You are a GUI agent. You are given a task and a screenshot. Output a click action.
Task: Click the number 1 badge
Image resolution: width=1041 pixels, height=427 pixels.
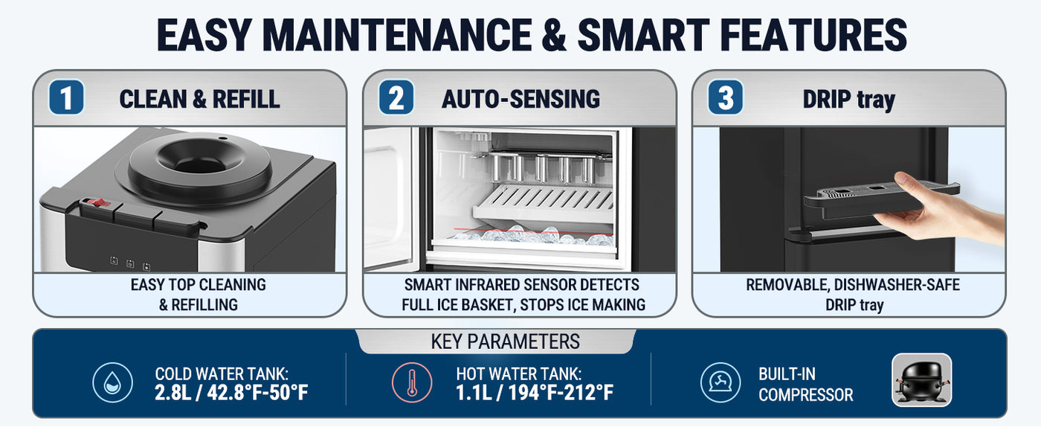pyautogui.click(x=66, y=97)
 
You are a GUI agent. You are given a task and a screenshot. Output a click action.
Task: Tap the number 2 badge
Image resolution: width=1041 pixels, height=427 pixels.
pyautogui.click(x=396, y=97)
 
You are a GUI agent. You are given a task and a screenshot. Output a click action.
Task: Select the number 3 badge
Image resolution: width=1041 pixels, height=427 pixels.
pyautogui.click(x=726, y=97)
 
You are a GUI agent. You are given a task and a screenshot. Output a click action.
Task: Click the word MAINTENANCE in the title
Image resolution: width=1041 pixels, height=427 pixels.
pyautogui.click(x=397, y=35)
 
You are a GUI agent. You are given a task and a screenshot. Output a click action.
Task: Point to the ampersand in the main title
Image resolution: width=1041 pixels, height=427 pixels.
pyautogui.click(x=554, y=35)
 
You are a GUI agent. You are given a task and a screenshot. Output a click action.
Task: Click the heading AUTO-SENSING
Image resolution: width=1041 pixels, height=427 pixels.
pyautogui.click(x=521, y=99)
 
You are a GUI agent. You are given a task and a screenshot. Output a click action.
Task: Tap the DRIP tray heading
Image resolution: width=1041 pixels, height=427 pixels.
pyautogui.click(x=849, y=100)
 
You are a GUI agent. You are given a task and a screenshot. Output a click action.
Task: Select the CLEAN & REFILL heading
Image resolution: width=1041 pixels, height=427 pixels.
pyautogui.click(x=199, y=99)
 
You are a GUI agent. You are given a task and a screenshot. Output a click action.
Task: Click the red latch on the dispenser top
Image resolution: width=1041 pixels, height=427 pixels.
pyautogui.click(x=99, y=203)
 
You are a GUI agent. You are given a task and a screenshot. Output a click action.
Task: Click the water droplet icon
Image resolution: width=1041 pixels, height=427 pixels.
pyautogui.click(x=112, y=382)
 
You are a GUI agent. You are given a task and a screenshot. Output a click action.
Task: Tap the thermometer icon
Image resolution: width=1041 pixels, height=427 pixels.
pyautogui.click(x=412, y=382)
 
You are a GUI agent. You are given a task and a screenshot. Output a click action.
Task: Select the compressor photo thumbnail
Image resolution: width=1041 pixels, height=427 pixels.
pyautogui.click(x=922, y=379)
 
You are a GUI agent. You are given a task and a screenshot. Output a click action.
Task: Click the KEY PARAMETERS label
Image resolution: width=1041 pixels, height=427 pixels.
pyautogui.click(x=505, y=341)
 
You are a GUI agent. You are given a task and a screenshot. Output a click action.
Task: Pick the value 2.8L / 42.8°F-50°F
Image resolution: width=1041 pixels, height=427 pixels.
pyautogui.click(x=231, y=393)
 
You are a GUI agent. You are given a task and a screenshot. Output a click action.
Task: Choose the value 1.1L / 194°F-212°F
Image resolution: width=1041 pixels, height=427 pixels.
pyautogui.click(x=535, y=393)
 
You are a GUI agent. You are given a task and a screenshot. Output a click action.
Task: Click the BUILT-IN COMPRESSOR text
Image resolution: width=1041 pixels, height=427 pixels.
pyautogui.click(x=806, y=384)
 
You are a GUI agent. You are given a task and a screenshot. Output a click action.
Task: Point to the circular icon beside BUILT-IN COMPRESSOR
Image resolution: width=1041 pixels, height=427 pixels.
pyautogui.click(x=721, y=382)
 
